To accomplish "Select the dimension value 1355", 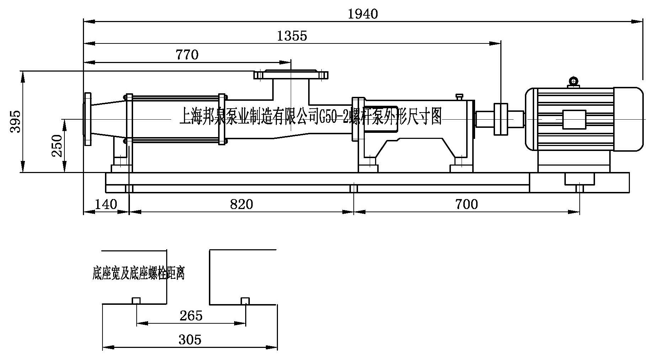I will (x=292, y=36).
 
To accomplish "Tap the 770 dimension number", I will (x=187, y=55).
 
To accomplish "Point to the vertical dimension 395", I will (x=15, y=122).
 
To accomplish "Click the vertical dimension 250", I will (x=57, y=146).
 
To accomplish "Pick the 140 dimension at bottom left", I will (x=106, y=204).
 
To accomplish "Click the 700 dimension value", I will (x=467, y=204).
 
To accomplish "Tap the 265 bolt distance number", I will (x=191, y=315).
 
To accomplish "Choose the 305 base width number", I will (x=190, y=340).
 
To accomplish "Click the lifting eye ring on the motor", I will (x=574, y=82).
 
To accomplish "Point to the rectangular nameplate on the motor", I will (x=573, y=119).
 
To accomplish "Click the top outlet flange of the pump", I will (x=291, y=75).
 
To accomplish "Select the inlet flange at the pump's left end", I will (x=88, y=119).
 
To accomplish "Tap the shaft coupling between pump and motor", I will (x=500, y=119).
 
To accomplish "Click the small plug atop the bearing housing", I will (x=459, y=96).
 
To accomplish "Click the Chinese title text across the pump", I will (x=310, y=116).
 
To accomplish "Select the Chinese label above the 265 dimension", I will (x=138, y=273).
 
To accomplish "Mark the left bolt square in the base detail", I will (x=137, y=301).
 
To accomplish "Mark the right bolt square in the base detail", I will (x=245, y=301).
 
